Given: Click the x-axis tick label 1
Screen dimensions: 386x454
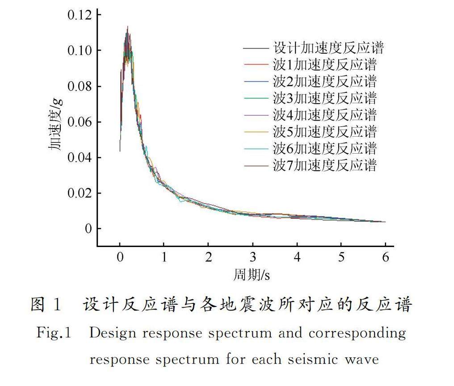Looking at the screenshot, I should [164, 257].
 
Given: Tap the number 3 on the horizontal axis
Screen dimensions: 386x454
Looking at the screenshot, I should [252, 257].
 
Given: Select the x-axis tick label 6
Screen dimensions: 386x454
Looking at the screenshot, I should [385, 257].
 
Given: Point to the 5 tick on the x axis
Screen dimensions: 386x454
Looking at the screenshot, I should [341, 257].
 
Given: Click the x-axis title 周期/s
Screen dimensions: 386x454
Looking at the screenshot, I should [252, 275].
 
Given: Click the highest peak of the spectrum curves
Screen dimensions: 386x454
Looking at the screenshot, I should [128, 27].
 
